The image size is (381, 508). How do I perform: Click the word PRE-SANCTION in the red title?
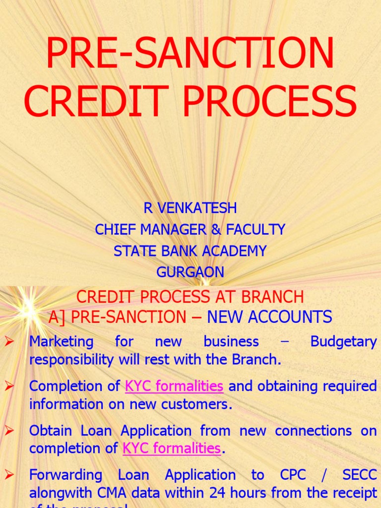[x=190, y=53]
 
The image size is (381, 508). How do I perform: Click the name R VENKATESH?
[x=190, y=208]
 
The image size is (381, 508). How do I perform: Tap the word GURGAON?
[x=190, y=272]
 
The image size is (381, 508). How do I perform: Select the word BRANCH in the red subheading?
[x=273, y=297]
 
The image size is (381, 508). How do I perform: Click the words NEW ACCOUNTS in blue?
[x=269, y=317]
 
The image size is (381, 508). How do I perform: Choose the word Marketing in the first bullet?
[x=61, y=341]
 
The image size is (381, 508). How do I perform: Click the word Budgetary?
[x=343, y=341]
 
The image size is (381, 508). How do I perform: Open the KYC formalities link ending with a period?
[x=171, y=448]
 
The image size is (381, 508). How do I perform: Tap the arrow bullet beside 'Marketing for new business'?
[x=9, y=341]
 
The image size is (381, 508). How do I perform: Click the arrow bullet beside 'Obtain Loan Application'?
[x=9, y=431]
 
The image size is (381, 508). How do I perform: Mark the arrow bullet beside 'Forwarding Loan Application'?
[x=9, y=475]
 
